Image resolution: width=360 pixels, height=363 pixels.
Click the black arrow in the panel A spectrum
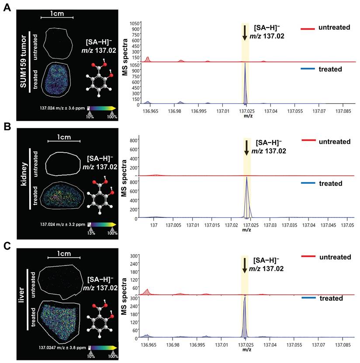point(245,33)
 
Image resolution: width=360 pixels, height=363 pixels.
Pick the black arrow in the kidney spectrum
point(247,147)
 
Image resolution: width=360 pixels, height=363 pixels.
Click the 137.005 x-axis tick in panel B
point(173,224)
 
